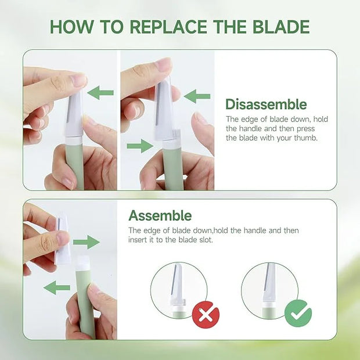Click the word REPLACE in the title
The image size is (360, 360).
pyautogui.click(x=168, y=27)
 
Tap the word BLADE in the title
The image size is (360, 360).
pyautogui.click(x=281, y=27)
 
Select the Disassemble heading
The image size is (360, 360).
pyautogui.click(x=266, y=105)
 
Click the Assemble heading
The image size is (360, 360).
pyautogui.click(x=160, y=216)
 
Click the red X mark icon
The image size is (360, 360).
pyautogui.click(x=206, y=315)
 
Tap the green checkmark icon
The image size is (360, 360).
pyautogui.click(x=298, y=314)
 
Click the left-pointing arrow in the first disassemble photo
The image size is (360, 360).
pyautogui.click(x=100, y=93)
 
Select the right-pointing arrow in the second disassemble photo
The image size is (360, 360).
pyautogui.click(x=140, y=146)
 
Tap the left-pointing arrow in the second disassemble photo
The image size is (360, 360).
pyautogui.click(x=197, y=96)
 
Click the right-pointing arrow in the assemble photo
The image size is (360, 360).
pyautogui.click(x=87, y=242)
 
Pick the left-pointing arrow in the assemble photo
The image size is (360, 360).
pyautogui.click(x=57, y=287)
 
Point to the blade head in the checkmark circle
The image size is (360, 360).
pyautogui.click(x=271, y=283)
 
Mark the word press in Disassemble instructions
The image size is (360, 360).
pyautogui.click(x=305, y=128)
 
